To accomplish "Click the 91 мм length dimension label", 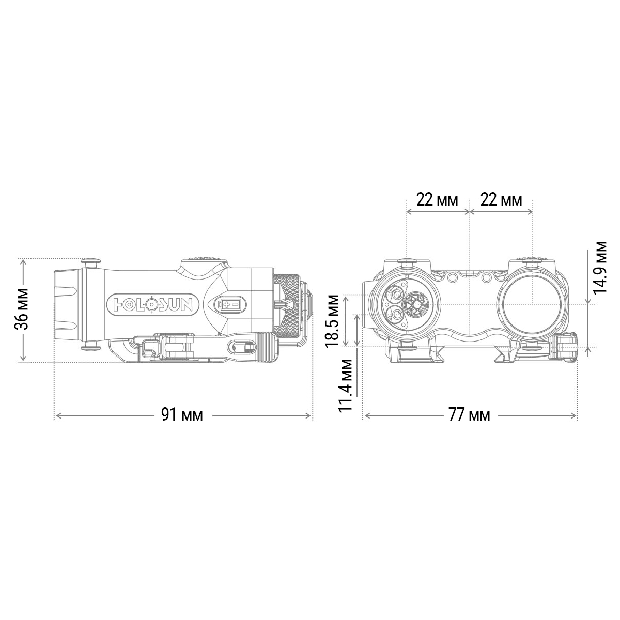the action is [x=182, y=415].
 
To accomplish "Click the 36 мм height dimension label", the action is [x=22, y=309].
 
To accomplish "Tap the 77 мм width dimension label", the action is [x=470, y=415].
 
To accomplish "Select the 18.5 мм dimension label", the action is [x=332, y=321].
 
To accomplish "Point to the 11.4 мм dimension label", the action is [x=346, y=384].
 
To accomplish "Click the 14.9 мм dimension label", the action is [x=600, y=267].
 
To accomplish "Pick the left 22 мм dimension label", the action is [x=437, y=200].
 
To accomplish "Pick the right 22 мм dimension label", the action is [x=501, y=200].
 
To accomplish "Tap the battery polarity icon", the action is [x=230, y=304].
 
